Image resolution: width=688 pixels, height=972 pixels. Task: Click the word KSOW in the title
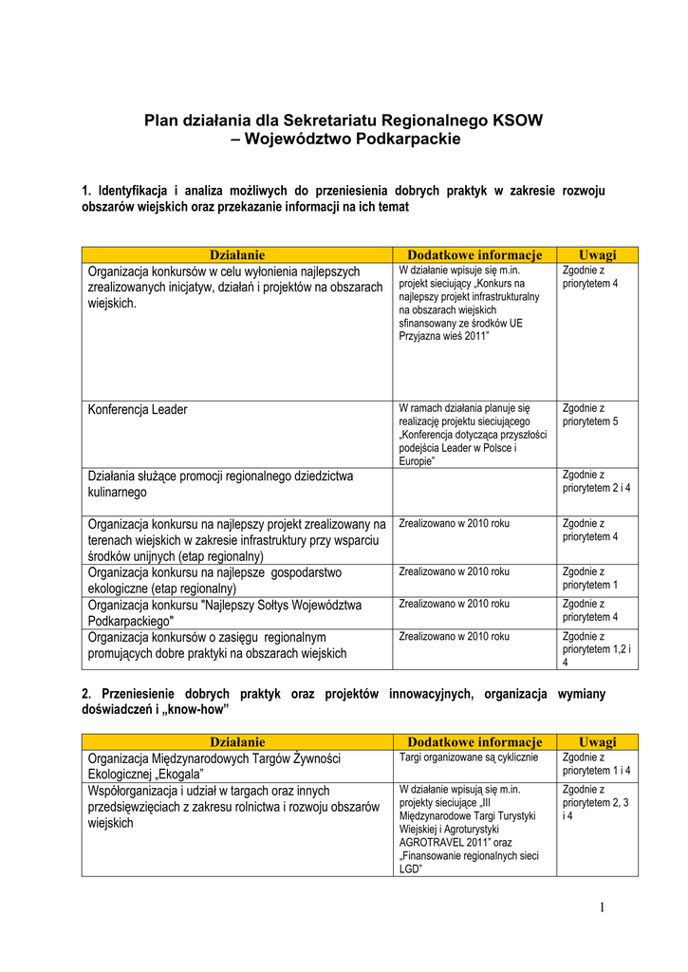click(518, 121)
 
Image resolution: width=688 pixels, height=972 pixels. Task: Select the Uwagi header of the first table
click(597, 254)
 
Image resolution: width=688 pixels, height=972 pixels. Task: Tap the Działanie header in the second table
click(236, 741)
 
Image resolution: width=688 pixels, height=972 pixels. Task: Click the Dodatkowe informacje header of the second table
click(474, 741)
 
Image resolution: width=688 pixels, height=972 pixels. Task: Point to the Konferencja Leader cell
click(138, 410)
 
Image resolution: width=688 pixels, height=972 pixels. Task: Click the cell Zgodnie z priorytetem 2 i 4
click(596, 481)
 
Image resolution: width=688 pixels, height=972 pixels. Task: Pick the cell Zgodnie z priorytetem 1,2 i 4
click(596, 649)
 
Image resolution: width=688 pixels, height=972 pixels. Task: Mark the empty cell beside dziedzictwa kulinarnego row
click(474, 490)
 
